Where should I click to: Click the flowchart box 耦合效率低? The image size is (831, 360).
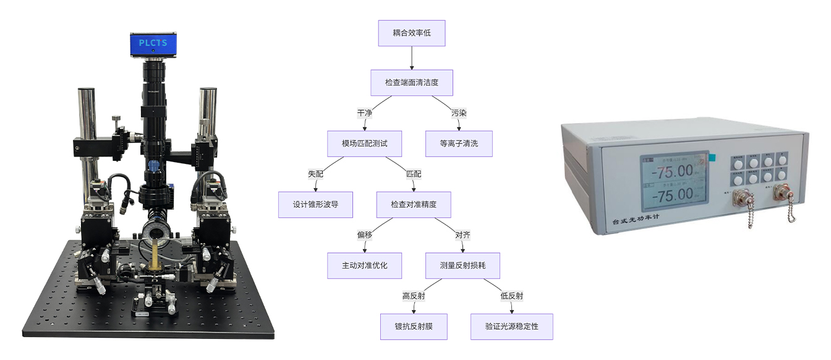(x=411, y=33)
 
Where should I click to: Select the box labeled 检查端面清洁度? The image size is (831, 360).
(x=411, y=82)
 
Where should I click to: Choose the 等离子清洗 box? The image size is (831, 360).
(x=459, y=143)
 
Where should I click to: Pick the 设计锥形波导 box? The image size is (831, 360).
(x=315, y=204)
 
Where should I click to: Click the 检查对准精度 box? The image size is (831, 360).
(x=413, y=204)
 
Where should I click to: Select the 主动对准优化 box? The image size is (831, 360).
(x=364, y=265)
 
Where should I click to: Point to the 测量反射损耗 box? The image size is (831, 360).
(x=462, y=265)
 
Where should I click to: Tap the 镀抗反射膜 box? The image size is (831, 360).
(x=414, y=326)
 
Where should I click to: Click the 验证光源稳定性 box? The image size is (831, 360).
(x=511, y=326)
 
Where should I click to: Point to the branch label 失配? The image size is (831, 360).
(x=315, y=174)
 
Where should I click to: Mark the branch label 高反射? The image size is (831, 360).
(x=414, y=296)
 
